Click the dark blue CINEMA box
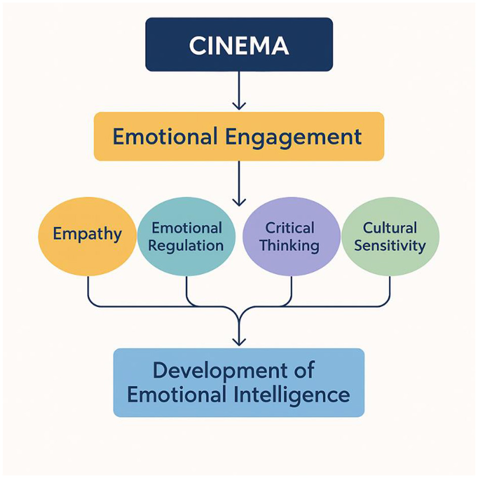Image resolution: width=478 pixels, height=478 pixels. pos(239,44)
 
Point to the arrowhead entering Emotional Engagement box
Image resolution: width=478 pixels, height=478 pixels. pos(239,105)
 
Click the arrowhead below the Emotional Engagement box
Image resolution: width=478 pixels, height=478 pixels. pos(239,202)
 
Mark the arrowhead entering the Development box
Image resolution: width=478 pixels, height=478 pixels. pos(239,342)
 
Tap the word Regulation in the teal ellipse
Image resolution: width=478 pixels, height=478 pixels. pos(187,246)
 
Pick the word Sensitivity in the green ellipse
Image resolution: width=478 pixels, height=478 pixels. pos(390,246)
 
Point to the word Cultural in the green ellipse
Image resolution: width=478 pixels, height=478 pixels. pos(390,228)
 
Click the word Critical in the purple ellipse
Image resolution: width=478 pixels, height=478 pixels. pos(290,228)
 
